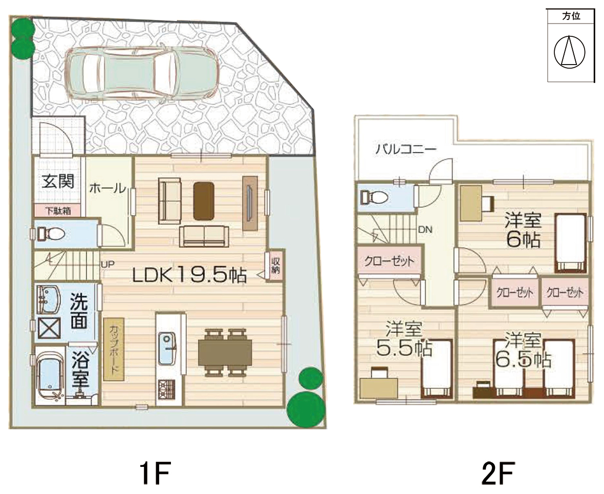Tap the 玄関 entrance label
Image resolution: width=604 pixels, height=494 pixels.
[58, 181]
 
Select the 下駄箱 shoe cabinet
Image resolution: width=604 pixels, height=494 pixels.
[58, 211]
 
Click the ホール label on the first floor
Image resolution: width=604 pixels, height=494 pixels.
[107, 189]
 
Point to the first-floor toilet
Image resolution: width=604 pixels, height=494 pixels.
[51, 234]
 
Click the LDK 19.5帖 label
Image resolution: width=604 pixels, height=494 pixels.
[189, 275]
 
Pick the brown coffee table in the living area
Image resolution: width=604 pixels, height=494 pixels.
[204, 201]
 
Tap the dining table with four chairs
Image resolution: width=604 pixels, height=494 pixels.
[225, 352]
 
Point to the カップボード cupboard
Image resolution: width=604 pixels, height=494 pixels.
[114, 349]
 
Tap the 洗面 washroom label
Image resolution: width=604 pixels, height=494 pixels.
[79, 311]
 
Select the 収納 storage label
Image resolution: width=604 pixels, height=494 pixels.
[276, 265]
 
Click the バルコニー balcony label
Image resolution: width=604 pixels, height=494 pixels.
[406, 149]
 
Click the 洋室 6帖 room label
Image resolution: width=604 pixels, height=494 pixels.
[524, 230]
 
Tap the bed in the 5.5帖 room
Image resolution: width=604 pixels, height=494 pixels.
[437, 368]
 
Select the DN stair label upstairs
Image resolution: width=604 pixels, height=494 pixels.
[425, 230]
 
